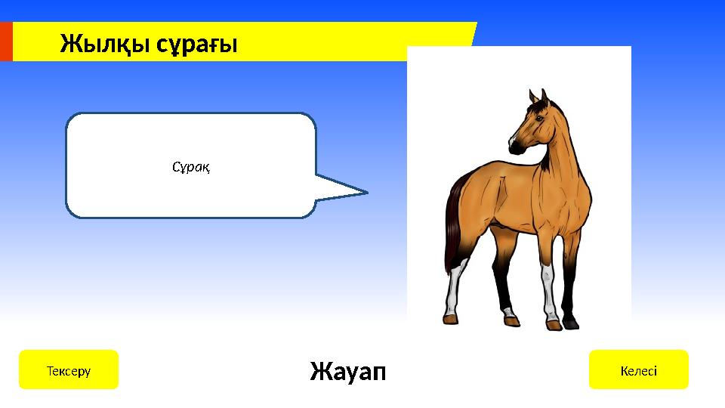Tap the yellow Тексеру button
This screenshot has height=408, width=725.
(x=69, y=369)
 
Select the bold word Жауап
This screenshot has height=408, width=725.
(x=347, y=371)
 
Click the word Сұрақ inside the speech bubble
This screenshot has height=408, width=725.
(x=191, y=166)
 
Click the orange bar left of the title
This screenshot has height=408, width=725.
(x=6, y=42)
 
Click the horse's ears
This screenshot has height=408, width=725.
(x=538, y=96)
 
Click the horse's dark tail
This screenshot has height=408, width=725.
(x=454, y=227)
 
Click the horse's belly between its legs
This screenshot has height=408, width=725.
(x=514, y=223)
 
